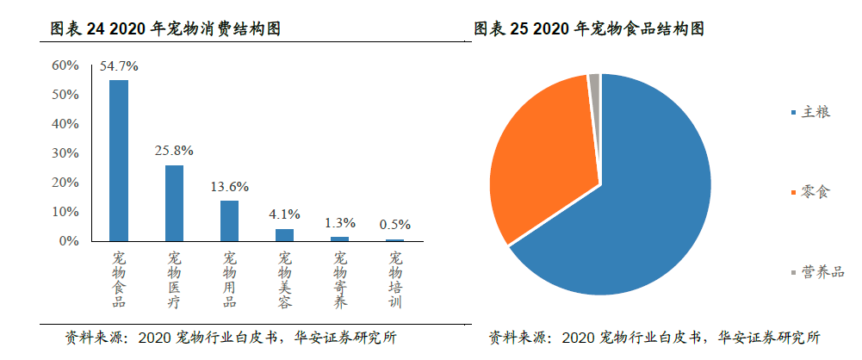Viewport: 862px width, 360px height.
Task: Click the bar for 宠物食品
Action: [119, 160]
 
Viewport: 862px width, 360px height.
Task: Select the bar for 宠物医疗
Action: [174, 202]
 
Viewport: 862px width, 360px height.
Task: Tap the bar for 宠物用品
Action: [229, 220]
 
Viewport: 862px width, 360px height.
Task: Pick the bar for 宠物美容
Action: [284, 234]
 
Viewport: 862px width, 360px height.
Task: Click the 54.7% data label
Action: [119, 65]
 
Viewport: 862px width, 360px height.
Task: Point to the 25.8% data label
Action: [174, 151]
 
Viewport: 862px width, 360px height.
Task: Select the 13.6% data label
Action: [229, 186]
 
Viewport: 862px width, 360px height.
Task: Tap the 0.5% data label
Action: [395, 225]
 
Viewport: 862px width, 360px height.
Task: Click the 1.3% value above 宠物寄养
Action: [340, 222]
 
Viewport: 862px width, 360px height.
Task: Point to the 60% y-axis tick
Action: [65, 65]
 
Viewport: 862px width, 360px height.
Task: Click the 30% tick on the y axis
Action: [65, 153]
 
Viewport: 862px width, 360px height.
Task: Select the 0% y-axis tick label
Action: [69, 241]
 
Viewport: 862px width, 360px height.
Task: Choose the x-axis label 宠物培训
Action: [395, 280]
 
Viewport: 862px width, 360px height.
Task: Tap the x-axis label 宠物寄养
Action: [340, 280]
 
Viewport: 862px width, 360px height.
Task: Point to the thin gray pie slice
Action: [594, 82]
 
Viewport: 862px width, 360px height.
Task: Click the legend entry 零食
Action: [815, 192]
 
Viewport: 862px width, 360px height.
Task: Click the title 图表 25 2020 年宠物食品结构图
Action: [590, 29]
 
